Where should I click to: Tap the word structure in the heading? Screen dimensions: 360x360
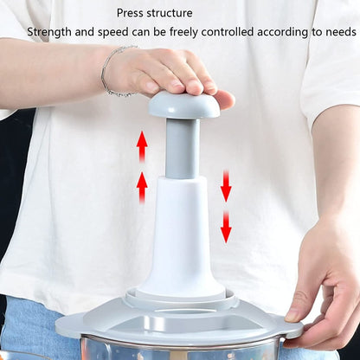point(172,13)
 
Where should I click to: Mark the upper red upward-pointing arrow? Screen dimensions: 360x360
point(141,145)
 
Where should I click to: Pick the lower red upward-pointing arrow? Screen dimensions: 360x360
point(142,187)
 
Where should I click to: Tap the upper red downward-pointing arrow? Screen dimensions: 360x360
point(226,185)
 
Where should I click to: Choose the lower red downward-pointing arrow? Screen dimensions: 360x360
point(226,227)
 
